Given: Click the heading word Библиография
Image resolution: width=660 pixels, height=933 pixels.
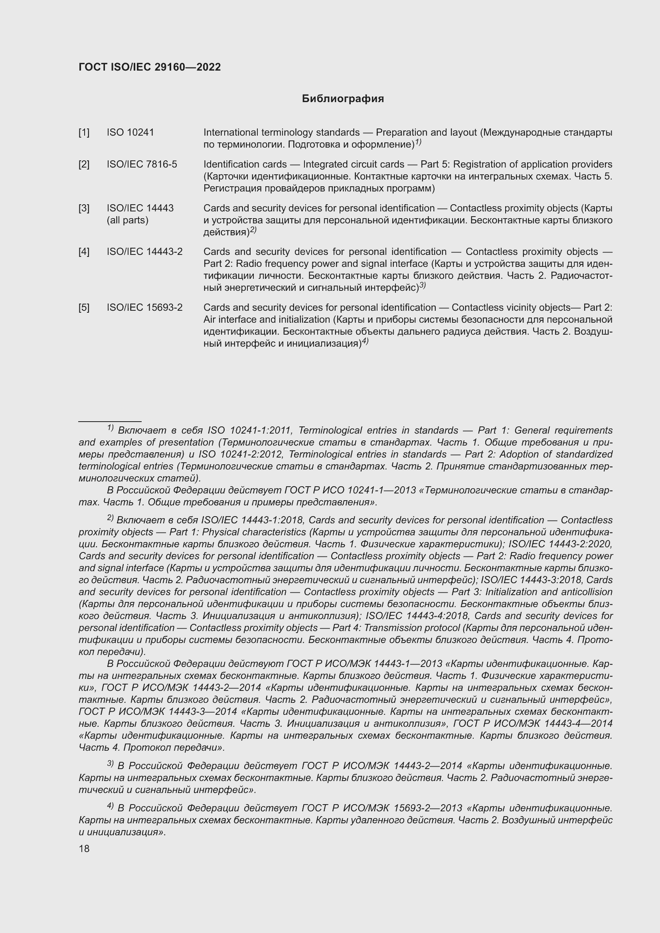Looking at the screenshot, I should [x=343, y=99].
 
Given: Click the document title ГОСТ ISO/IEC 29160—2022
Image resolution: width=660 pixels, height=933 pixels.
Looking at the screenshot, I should [x=150, y=67].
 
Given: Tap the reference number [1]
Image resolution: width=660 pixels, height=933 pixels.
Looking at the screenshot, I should [x=84, y=132].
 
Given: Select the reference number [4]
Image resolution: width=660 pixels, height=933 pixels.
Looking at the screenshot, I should [x=84, y=252].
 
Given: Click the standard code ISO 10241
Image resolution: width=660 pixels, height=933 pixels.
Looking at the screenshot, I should [x=130, y=132].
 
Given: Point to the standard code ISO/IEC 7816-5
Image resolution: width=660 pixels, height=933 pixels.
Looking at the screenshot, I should [x=141, y=164].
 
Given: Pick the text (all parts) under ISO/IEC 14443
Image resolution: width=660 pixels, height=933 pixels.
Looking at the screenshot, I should [x=127, y=220].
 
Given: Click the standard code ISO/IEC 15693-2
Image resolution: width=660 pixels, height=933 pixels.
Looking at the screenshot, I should [x=144, y=307].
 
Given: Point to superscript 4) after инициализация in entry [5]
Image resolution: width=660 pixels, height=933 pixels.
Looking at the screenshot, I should [x=365, y=341].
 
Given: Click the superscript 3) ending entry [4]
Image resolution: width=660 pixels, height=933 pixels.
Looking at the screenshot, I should [x=422, y=286].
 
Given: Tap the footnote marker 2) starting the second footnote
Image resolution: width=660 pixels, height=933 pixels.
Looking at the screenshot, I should [x=110, y=517].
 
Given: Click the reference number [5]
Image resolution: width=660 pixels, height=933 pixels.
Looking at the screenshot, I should [x=84, y=307].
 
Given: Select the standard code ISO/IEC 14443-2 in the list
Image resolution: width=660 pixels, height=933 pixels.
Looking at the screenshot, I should [x=144, y=252].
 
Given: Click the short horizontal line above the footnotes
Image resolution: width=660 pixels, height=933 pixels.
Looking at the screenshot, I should [x=110, y=421].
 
